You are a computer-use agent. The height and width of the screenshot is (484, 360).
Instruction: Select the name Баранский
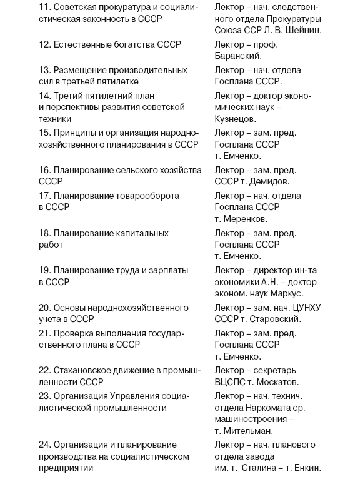(237, 56)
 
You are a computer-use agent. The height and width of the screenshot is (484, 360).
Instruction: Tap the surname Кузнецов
(235, 118)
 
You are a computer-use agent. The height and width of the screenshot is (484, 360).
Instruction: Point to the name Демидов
(270, 181)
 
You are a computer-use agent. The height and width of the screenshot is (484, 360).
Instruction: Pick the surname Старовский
(274, 319)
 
